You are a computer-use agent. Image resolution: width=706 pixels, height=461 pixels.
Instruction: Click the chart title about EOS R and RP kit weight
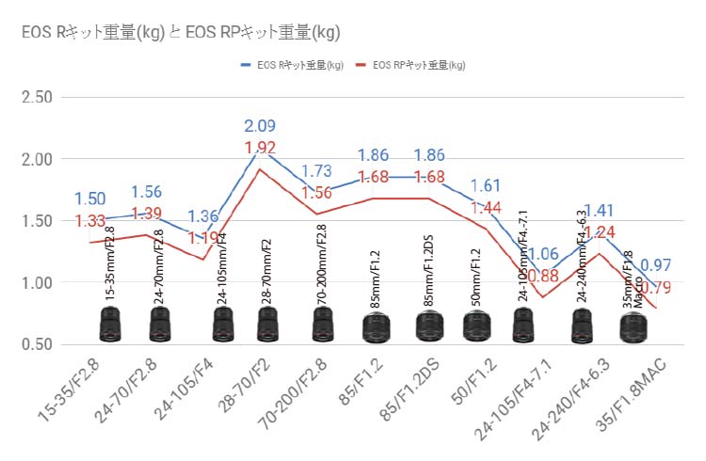pos(180,32)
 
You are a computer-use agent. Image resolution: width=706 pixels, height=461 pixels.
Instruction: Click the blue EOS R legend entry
pos(292,66)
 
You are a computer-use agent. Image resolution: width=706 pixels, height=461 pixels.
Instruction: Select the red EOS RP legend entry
pos(414,66)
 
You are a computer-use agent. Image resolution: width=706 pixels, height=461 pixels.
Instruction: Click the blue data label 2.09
pos(261,126)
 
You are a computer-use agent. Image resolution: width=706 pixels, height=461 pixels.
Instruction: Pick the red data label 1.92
pos(261,148)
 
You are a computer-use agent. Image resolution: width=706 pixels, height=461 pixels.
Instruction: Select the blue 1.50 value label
pos(90,199)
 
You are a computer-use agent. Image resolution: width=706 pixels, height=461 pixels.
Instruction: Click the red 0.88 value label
pos(543,276)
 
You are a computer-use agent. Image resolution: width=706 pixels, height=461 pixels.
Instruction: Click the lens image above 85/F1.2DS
pos(429,327)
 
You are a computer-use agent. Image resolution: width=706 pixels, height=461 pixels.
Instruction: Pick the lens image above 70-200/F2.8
pos(323,326)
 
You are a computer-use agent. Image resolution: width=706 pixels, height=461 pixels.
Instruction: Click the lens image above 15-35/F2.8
pos(110,326)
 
